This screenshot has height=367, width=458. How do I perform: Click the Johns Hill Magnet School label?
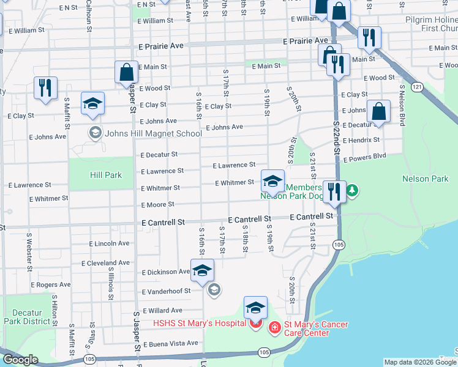coord(145,133)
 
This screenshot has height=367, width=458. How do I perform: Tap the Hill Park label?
coord(107,175)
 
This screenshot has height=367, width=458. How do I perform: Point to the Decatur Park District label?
coord(26,317)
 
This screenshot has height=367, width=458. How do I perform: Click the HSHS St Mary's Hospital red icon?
coord(255,323)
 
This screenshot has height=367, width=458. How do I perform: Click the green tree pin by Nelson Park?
coord(352,191)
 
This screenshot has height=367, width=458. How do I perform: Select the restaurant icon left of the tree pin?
coord(334,191)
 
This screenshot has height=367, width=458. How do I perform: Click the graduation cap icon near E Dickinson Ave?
coord(202,270)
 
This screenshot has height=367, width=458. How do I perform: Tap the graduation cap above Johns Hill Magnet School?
coord(92,103)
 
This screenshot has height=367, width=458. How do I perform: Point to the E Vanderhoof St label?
coord(166,292)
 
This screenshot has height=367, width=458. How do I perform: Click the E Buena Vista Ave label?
coord(170,343)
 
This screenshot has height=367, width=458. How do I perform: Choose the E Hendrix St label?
coord(361,140)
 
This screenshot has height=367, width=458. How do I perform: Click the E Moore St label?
coord(157,204)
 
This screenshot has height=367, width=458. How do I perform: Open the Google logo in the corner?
coord(20,360)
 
